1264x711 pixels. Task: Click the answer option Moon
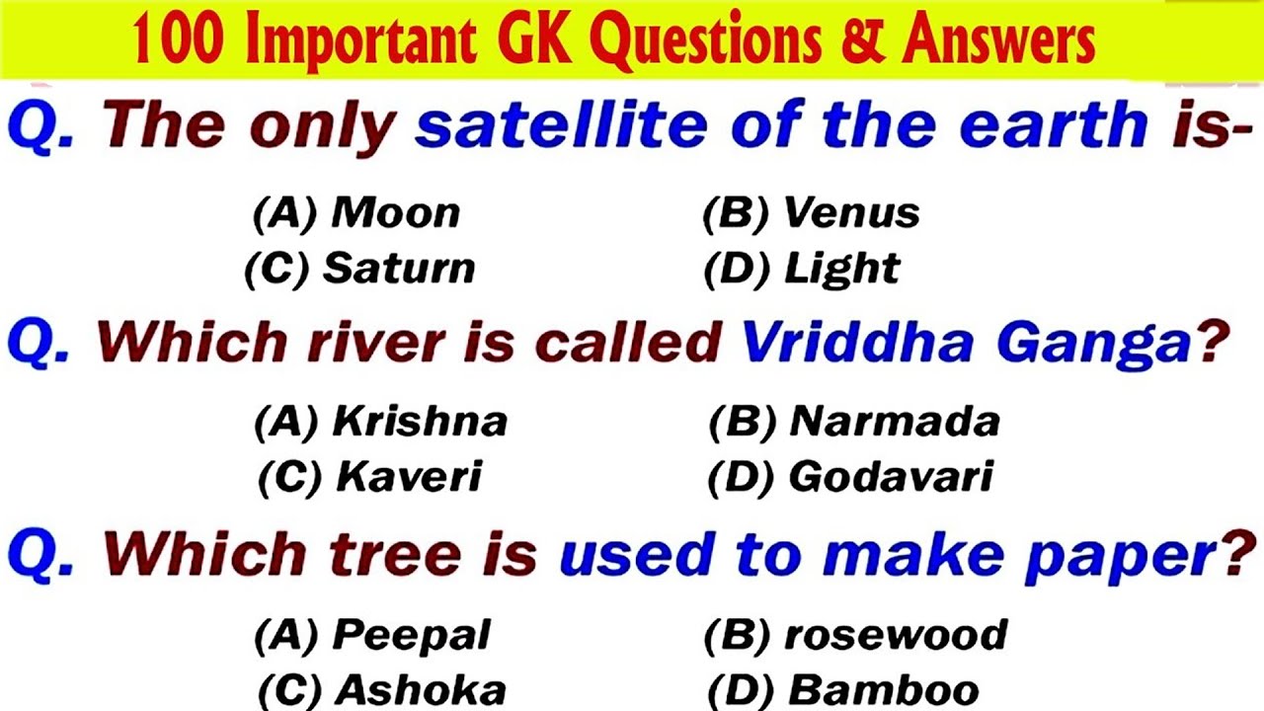click(395, 213)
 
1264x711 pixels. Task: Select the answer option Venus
click(851, 213)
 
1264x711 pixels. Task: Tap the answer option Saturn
click(399, 269)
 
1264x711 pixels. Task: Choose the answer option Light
click(841, 269)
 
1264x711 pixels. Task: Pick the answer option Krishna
click(420, 423)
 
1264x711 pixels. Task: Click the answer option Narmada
click(895, 423)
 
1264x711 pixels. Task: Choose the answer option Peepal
click(411, 635)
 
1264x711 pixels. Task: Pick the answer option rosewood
click(896, 635)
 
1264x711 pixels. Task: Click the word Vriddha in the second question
click(859, 343)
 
